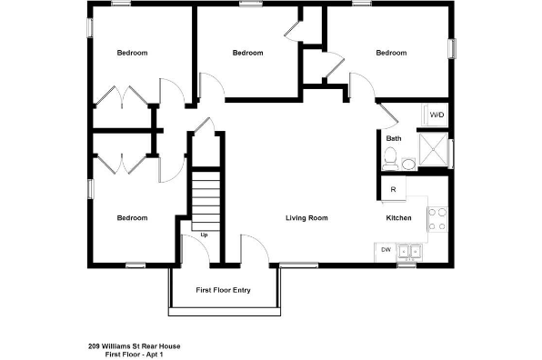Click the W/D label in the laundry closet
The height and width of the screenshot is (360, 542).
click(437, 115)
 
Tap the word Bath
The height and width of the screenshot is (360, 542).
click(394, 139)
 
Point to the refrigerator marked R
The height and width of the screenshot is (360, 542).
click(393, 189)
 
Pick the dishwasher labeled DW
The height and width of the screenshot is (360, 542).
click(386, 250)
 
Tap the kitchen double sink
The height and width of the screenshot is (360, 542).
click(411, 251)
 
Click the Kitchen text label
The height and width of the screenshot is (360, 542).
click(399, 218)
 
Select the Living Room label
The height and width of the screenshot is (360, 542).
click(306, 218)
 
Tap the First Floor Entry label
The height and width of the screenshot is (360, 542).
click(224, 291)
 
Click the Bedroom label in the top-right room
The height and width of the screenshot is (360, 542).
click(391, 53)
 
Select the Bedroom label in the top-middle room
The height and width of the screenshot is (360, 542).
click(247, 53)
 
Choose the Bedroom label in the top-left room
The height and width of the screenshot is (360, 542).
click(132, 53)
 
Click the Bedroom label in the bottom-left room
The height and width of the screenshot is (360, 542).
click(132, 218)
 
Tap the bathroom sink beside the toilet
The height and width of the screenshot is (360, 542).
click(408, 164)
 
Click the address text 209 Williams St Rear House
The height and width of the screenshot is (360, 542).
click(129, 345)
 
